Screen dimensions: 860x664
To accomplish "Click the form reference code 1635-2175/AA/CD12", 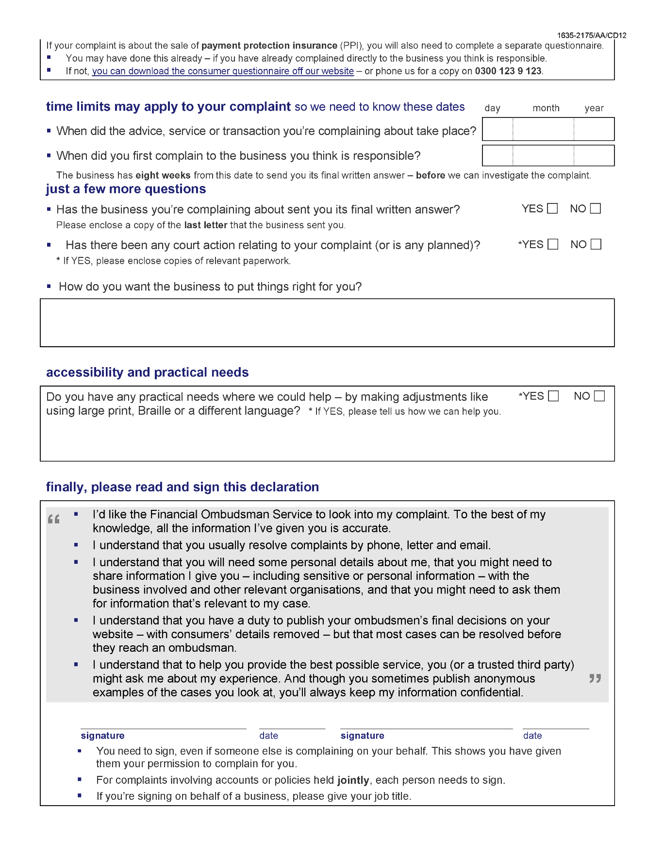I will (591, 35).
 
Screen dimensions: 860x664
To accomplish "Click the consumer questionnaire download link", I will (223, 71).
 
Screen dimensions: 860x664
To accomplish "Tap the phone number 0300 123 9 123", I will (508, 71).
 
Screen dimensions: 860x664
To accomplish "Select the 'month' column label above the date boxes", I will (546, 108).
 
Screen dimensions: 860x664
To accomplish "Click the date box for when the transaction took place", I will (548, 130).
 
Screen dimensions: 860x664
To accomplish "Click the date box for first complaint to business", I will (548, 156).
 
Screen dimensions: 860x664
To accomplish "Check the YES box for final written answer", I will (552, 209).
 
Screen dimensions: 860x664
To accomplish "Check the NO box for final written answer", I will (596, 209).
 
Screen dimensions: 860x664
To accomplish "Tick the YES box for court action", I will (553, 245).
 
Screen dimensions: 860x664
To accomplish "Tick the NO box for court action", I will (596, 245).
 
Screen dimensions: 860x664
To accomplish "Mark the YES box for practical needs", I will (553, 396).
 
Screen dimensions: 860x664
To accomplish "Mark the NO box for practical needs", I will (599, 396).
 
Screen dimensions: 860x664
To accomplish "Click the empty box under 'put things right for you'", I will (327, 323).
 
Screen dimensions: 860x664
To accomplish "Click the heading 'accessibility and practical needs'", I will (147, 372).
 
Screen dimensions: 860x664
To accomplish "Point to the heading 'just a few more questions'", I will (126, 189).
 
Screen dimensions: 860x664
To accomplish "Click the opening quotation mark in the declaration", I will (54, 519).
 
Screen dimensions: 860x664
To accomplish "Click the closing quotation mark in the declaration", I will (595, 678).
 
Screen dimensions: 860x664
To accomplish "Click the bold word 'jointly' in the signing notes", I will (353, 780).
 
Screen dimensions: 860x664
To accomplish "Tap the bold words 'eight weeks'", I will (163, 176).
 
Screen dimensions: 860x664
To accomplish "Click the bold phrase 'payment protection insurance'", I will (269, 46).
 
